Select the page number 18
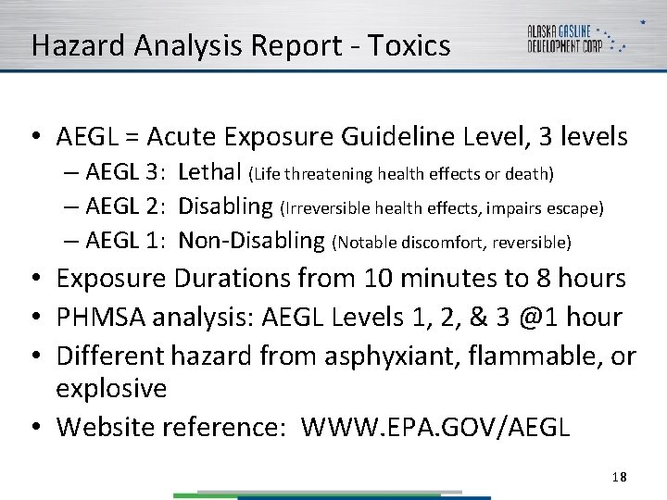coord(620,477)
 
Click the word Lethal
coord(210,172)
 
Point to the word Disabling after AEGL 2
coord(226,206)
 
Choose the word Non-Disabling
coord(251,241)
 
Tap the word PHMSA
coord(101,317)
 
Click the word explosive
coord(111,388)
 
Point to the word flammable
coord(525,355)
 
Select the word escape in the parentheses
coord(576,208)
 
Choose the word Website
coord(106,427)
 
